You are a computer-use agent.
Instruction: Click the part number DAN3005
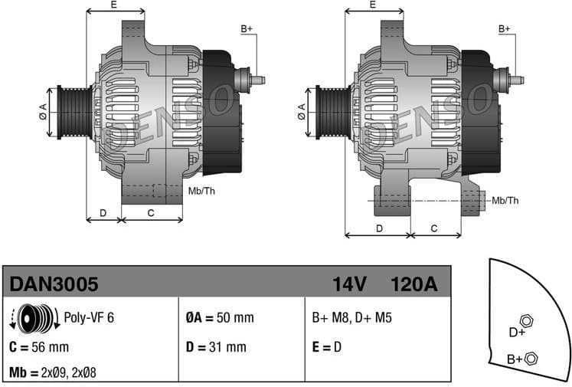[x=54, y=285]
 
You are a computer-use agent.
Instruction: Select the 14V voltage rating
[x=350, y=285]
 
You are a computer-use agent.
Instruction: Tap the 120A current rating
[x=413, y=285]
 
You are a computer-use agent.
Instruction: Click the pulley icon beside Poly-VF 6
[x=34, y=317]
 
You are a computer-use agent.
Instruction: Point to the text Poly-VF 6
[x=89, y=317]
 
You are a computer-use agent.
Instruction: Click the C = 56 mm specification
[x=39, y=346]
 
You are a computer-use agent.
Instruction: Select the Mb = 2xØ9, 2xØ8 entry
[x=53, y=372]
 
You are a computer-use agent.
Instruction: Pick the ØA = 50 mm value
[x=219, y=317]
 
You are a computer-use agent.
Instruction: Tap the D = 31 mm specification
[x=215, y=346]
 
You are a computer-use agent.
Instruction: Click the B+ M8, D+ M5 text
[x=351, y=317]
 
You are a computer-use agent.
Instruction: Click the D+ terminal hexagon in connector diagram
[x=525, y=320]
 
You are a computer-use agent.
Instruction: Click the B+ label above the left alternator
[x=247, y=29]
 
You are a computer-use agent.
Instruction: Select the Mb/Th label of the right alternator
[x=505, y=201]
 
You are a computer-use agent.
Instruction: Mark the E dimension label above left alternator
[x=114, y=5]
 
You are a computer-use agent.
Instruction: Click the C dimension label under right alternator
[x=434, y=228]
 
